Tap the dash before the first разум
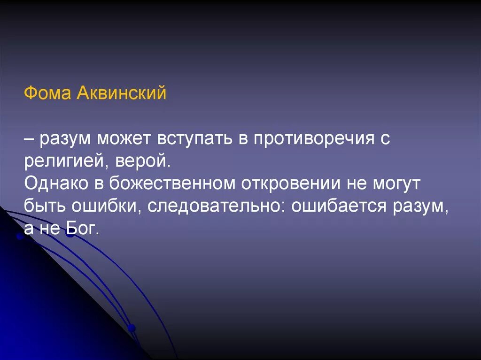(30, 139)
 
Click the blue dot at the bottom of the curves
(132, 328)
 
